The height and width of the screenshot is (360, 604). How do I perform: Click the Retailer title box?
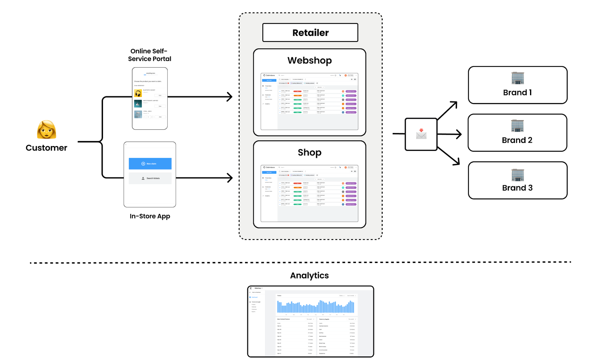[x=310, y=33]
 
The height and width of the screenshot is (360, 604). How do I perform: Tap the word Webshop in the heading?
[x=310, y=60]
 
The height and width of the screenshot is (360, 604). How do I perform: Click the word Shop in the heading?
[x=310, y=152]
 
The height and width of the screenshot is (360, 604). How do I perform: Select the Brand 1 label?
[x=517, y=92]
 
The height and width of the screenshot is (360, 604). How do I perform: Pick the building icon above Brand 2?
[x=517, y=126]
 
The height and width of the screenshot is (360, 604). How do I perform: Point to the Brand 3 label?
[x=517, y=188]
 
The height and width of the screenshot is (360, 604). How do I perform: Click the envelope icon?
[x=421, y=134]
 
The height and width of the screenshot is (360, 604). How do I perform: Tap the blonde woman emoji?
[x=46, y=129]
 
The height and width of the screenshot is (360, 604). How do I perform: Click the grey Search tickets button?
[x=150, y=178]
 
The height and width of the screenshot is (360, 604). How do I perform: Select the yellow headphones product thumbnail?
[x=138, y=93]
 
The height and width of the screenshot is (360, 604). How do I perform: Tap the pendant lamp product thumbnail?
[x=138, y=104]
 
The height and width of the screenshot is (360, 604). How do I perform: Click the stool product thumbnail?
[x=138, y=114]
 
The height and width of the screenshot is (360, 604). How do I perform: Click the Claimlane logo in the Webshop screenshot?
[x=269, y=75]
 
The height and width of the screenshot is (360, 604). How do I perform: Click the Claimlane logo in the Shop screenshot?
[x=269, y=167]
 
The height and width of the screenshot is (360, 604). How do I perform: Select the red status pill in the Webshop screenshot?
[x=297, y=91]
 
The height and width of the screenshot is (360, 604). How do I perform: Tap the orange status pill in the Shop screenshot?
[x=297, y=188]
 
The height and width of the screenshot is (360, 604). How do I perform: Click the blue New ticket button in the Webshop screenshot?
[x=269, y=80]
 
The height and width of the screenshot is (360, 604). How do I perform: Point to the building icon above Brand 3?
[x=518, y=175]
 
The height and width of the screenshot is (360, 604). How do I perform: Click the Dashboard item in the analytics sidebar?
[x=254, y=297]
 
